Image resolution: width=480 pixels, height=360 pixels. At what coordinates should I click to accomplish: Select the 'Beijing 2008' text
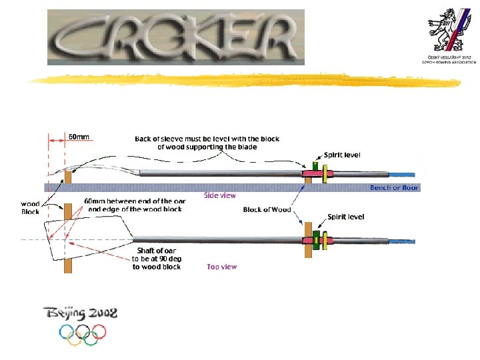pyautogui.click(x=80, y=311)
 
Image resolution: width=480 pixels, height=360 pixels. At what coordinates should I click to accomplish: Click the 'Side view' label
pyautogui.click(x=219, y=196)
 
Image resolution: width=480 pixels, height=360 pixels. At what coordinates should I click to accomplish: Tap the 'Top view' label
pyautogui.click(x=221, y=267)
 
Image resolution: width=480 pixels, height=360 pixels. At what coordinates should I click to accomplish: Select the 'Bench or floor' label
pyautogui.click(x=395, y=188)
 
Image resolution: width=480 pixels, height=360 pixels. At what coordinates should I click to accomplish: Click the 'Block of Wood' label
pyautogui.click(x=267, y=210)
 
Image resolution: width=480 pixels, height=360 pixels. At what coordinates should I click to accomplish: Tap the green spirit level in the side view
pyautogui.click(x=315, y=164)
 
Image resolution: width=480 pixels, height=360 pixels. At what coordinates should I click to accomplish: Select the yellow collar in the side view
pyautogui.click(x=325, y=173)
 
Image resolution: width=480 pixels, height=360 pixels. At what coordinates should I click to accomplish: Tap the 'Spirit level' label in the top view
pyautogui.click(x=345, y=217)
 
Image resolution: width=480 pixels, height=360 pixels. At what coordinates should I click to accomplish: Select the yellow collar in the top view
pyautogui.click(x=326, y=240)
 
